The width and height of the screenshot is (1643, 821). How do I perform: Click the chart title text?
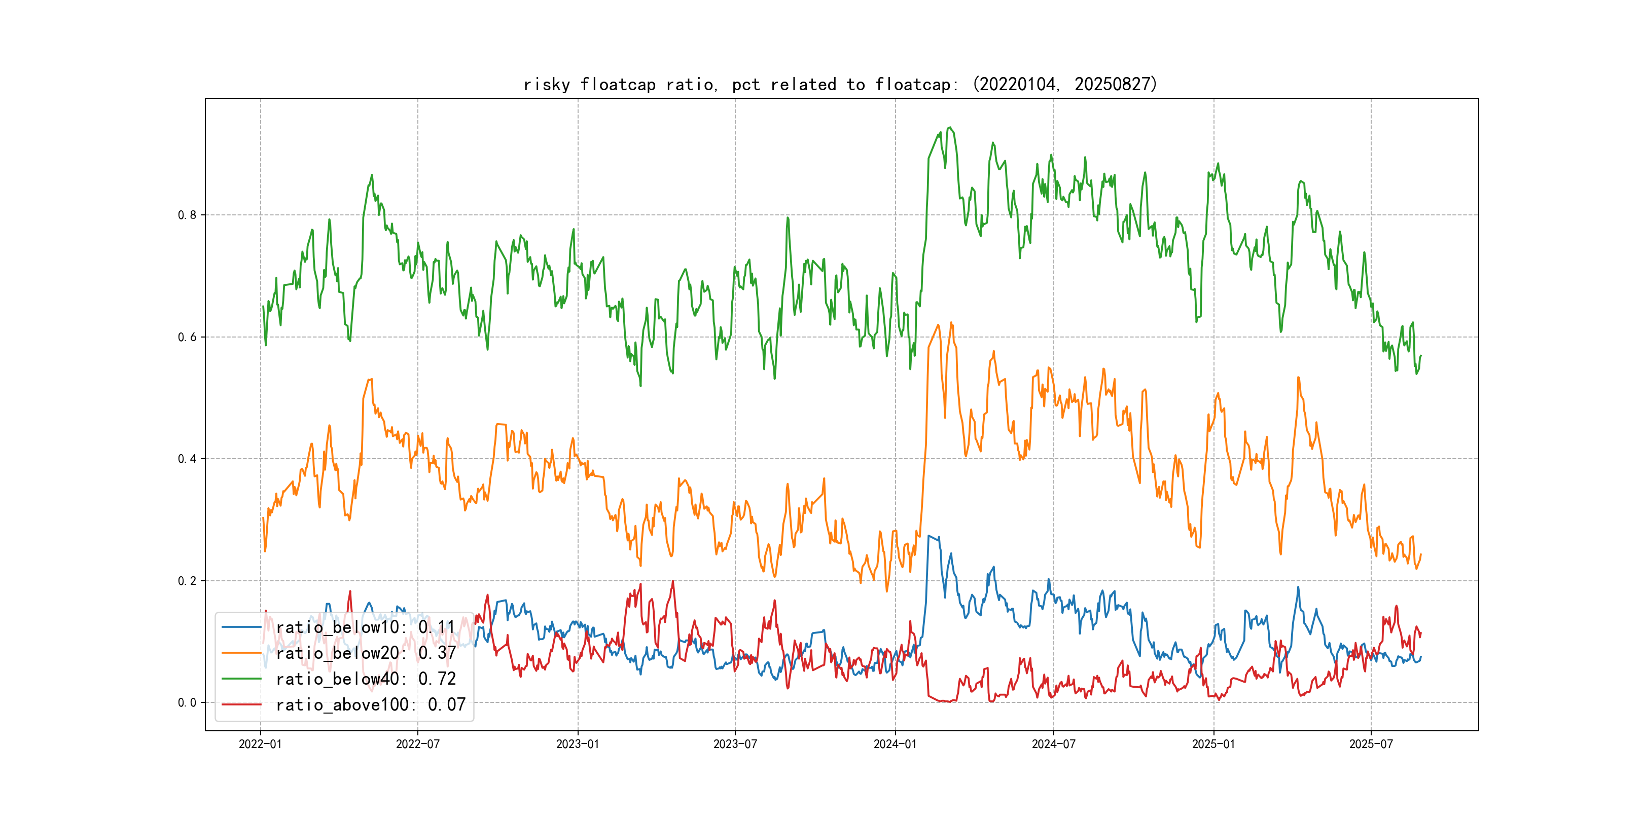tap(840, 84)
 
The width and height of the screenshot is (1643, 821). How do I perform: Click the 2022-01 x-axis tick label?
tap(260, 744)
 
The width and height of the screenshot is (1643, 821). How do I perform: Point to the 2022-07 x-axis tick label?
tap(418, 744)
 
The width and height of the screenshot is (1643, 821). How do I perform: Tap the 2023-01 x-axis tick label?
tap(578, 744)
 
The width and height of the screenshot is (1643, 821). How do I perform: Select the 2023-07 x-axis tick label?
tap(735, 744)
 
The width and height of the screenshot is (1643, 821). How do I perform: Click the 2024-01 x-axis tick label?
tap(895, 744)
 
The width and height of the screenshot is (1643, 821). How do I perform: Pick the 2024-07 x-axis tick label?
tap(1053, 744)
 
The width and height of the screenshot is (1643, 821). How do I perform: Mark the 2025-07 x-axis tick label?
tap(1371, 744)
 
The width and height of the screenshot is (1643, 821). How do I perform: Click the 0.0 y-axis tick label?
tap(187, 702)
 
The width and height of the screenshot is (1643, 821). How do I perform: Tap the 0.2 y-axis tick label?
tap(187, 581)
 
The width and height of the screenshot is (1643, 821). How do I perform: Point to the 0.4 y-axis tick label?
tap(187, 459)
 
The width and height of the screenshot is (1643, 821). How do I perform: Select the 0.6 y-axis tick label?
tap(187, 337)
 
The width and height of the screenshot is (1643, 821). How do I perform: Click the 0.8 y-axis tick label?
tap(187, 215)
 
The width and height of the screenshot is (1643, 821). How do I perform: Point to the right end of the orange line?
tap(1420, 554)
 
